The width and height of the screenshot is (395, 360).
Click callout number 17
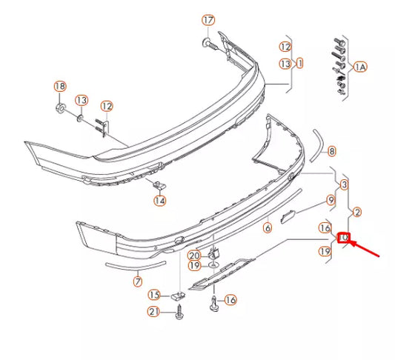click(x=208, y=19)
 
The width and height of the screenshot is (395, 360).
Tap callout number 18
click(x=59, y=87)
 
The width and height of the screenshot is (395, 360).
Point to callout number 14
click(x=159, y=199)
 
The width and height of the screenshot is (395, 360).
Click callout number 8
click(x=332, y=151)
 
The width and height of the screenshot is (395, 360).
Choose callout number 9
click(x=331, y=200)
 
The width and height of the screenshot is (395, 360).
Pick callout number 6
click(x=268, y=228)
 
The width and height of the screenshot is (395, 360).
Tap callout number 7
click(x=138, y=281)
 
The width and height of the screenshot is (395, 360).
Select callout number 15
click(x=154, y=295)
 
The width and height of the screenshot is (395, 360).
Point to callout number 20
click(x=193, y=255)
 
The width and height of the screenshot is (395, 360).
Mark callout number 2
click(x=357, y=213)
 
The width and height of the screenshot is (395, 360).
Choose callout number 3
click(x=344, y=184)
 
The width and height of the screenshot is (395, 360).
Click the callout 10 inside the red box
click(x=345, y=239)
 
